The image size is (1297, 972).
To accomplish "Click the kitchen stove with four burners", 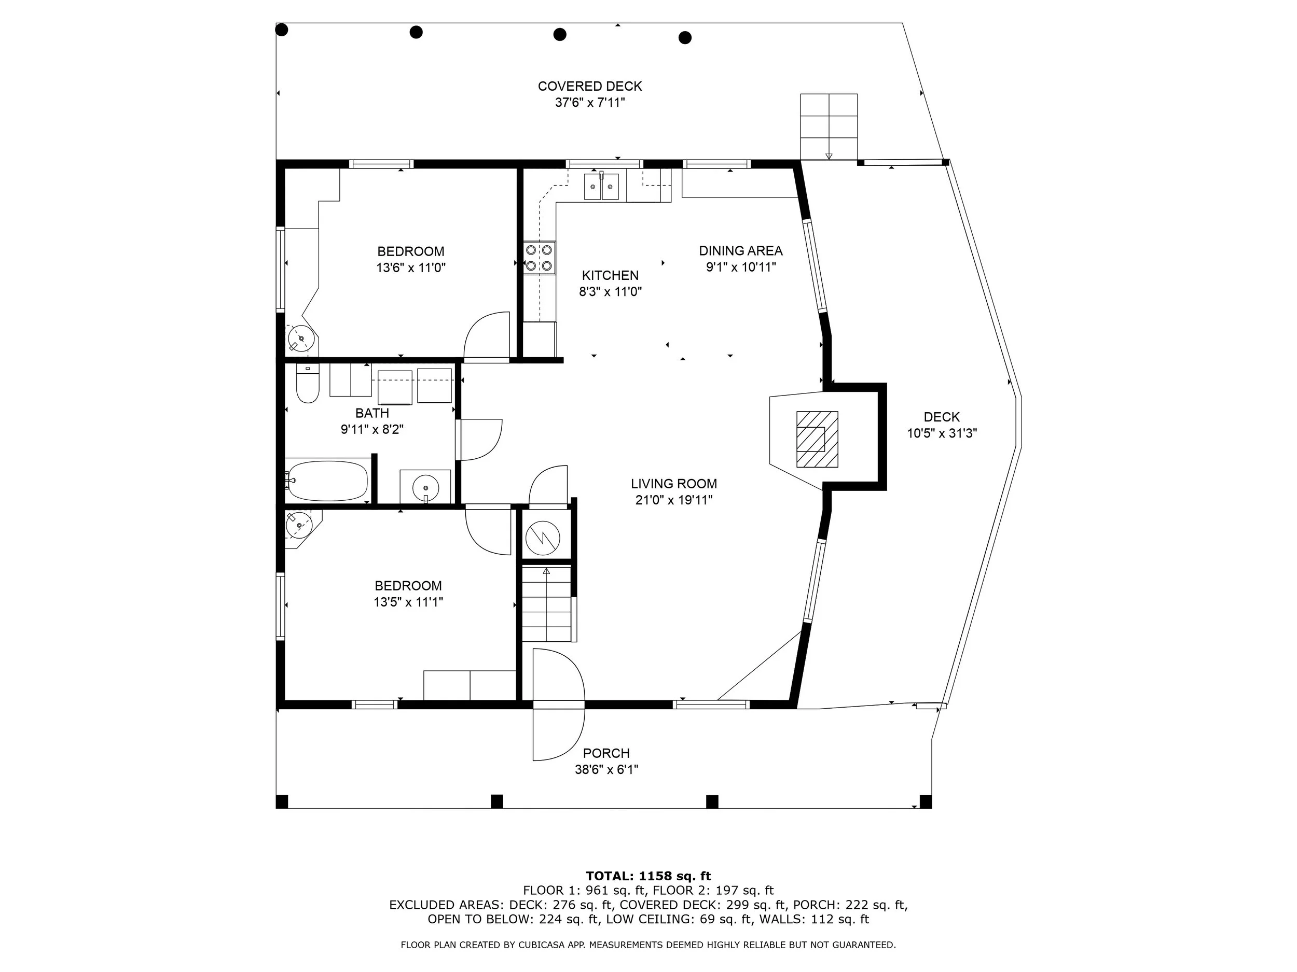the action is [540, 258].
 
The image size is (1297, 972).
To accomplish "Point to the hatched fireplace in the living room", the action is [817, 439].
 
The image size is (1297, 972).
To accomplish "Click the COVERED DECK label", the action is [590, 86].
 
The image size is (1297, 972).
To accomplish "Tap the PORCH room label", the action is [606, 753].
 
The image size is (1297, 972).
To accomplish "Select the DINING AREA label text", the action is [740, 251].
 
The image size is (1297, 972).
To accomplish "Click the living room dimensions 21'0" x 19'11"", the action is [674, 500].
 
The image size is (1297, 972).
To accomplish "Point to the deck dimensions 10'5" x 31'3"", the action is [942, 433].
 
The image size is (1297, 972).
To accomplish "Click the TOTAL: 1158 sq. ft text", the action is [648, 876].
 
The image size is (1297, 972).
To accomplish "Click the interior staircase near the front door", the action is [546, 604].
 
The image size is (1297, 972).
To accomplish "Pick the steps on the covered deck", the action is [829, 126].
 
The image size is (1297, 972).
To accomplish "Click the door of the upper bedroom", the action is [487, 336].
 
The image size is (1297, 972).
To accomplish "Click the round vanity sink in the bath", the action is [426, 487].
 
